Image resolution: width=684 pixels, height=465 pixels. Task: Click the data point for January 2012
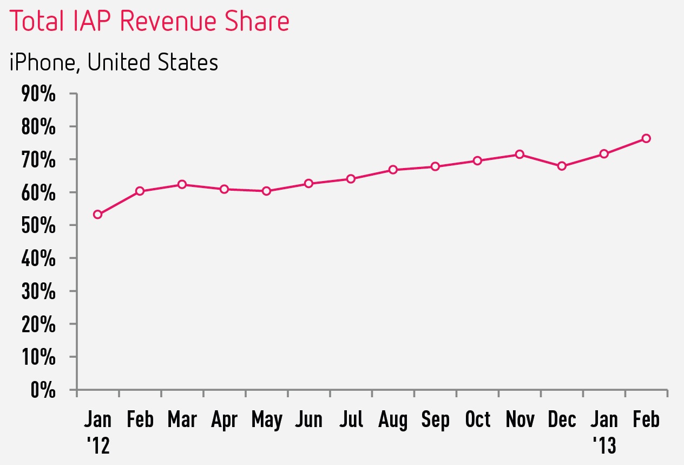[98, 215]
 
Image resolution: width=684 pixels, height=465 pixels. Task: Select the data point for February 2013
[646, 139]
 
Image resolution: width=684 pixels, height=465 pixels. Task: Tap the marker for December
[562, 166]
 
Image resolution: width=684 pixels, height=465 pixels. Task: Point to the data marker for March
[182, 185]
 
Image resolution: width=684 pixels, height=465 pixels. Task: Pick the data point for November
[519, 154]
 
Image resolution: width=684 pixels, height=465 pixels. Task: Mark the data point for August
[393, 170]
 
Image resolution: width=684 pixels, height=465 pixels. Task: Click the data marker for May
[266, 191]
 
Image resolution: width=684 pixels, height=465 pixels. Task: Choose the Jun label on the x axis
[308, 420]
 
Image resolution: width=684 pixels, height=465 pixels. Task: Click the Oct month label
[477, 420]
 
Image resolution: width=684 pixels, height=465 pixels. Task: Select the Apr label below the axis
[224, 420]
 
